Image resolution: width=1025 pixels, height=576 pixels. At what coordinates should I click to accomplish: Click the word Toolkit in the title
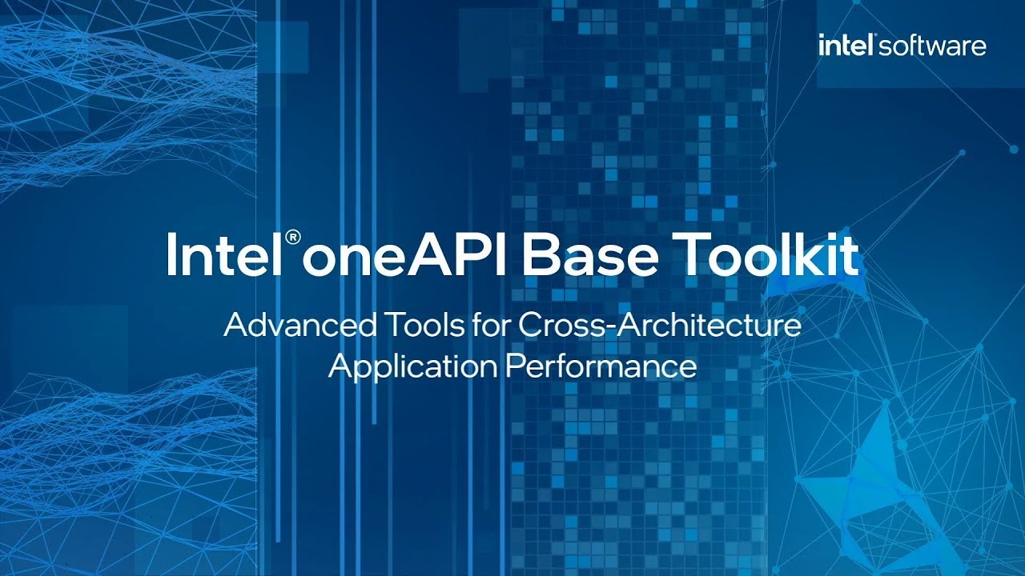tap(772, 254)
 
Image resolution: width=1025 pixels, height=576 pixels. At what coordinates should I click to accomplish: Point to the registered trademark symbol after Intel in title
tap(294, 238)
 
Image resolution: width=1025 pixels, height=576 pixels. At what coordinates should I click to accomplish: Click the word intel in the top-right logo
tap(846, 46)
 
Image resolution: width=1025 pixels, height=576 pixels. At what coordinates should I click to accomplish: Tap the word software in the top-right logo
tap(933, 46)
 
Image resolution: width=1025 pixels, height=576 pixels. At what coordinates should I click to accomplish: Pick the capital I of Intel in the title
tap(172, 254)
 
